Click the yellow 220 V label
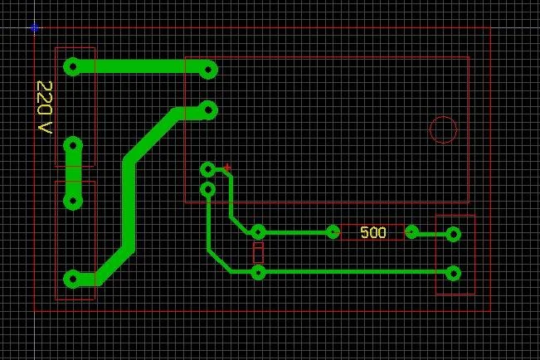[45, 107]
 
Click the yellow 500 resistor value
[373, 232]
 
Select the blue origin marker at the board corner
[35, 28]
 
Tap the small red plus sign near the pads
[227, 168]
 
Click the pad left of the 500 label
[333, 232]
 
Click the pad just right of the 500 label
[411, 232]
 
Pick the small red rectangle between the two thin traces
[258, 252]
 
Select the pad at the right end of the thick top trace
[208, 70]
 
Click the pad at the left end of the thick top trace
[73, 67]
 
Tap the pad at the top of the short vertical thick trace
[73, 146]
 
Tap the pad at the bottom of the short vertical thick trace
[73, 201]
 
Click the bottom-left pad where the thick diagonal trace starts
[73, 279]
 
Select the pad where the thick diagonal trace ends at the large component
[208, 110]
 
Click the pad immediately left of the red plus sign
[207, 169]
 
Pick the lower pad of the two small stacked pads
[207, 189]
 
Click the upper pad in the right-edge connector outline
[453, 235]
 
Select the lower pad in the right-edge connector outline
[453, 274]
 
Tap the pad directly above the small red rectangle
[258, 232]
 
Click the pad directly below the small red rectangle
[258, 273]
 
